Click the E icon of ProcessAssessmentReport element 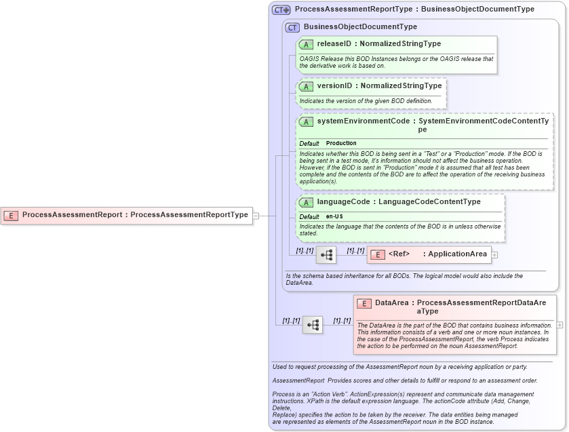tap(12, 215)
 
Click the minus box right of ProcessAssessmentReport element tap(256, 216)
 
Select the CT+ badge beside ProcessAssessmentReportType tap(281, 10)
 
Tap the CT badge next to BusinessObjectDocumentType tap(292, 28)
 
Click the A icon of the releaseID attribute tap(306, 44)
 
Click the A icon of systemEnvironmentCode tap(306, 122)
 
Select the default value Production tap(341, 144)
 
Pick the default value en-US tap(334, 216)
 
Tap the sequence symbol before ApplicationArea tap(326, 255)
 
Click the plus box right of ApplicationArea tap(494, 255)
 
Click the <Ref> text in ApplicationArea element tap(399, 254)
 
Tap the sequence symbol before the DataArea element tap(313, 325)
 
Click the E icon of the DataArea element tap(364, 304)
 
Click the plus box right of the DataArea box tap(560, 325)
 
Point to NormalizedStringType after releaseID tap(400, 44)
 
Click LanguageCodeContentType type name tap(429, 202)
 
